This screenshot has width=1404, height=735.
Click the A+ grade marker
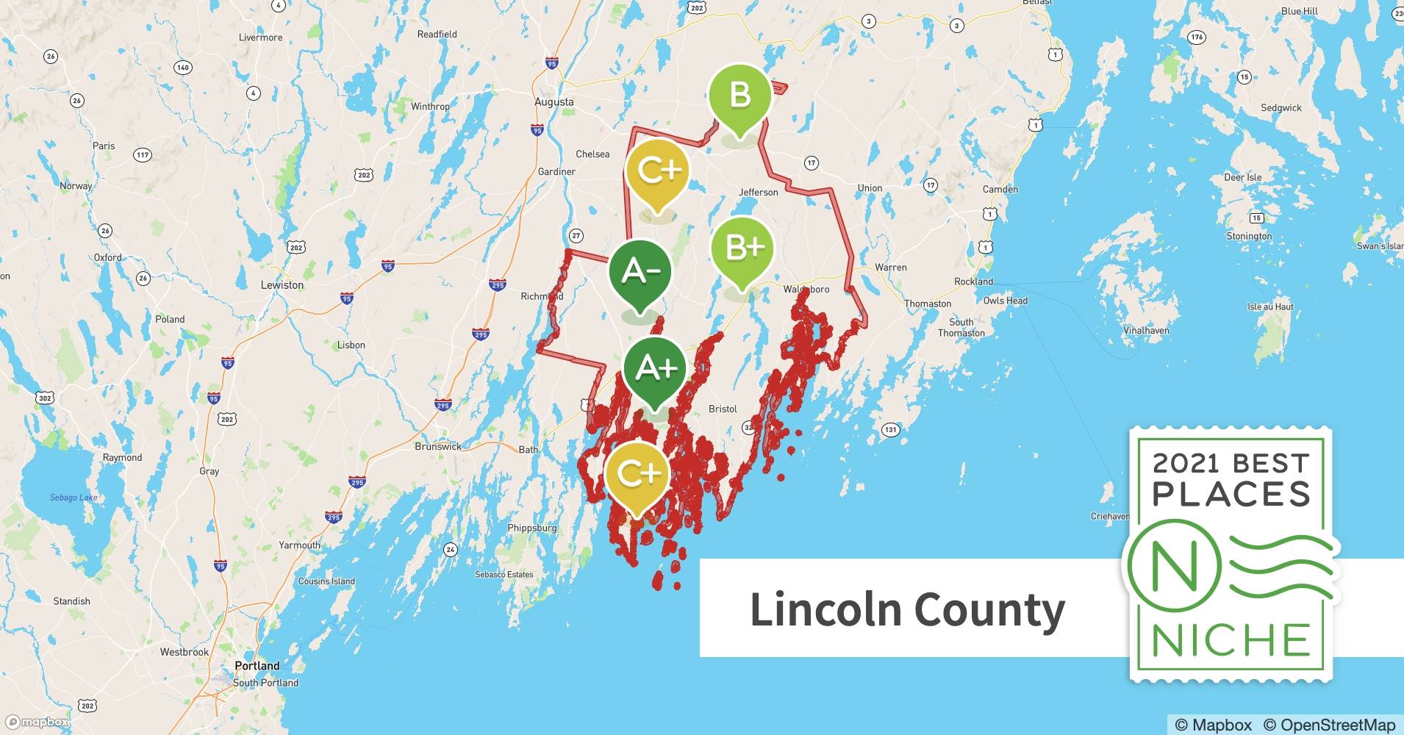654,368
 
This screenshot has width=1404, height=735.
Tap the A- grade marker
640,271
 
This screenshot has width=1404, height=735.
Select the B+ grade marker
742,248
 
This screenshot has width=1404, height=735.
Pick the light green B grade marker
739,96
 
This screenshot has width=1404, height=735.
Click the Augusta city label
554,102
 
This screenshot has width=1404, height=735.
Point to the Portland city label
257,666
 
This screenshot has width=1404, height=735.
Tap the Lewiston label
282,285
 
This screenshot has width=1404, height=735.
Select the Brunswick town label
438,446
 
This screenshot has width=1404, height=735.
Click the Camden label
1000,189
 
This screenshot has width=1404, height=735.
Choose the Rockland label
973,282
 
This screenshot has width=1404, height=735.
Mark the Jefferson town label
758,193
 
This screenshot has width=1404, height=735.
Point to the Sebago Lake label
74,498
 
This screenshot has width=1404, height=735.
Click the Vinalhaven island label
1146,331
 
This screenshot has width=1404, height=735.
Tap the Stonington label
1248,236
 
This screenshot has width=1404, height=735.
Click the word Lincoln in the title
825,609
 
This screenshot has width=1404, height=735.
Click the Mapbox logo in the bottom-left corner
37,722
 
